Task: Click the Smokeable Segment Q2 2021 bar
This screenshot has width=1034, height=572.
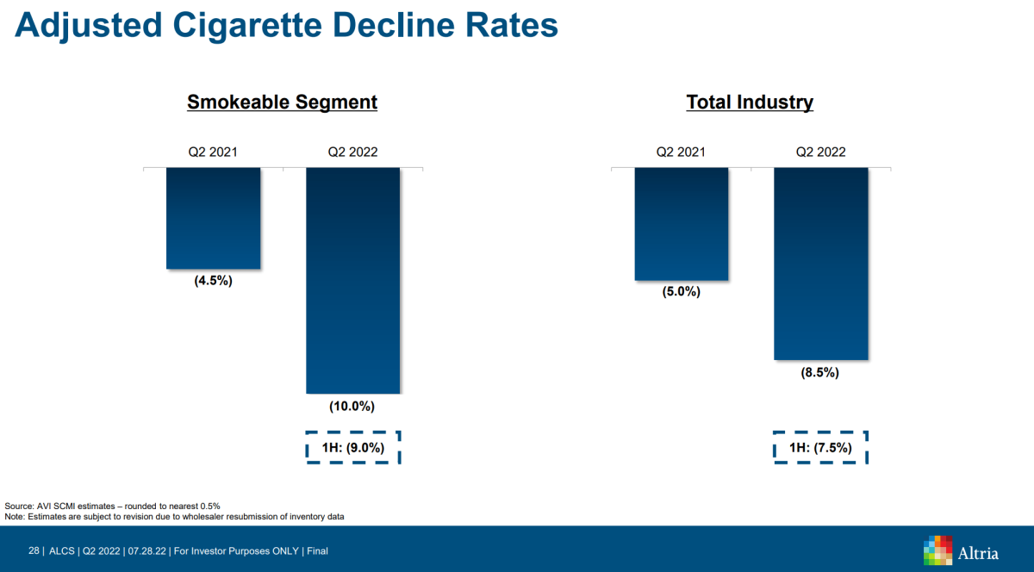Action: click(214, 218)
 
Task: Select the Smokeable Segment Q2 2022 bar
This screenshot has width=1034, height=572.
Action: click(353, 281)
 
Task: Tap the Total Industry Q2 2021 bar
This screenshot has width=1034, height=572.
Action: click(682, 224)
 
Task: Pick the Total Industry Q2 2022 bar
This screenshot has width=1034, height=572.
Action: click(821, 264)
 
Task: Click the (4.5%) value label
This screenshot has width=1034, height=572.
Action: click(214, 281)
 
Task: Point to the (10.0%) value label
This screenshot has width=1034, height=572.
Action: click(352, 407)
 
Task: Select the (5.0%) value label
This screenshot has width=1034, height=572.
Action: click(682, 292)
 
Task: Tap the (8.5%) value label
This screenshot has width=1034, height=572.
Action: click(819, 372)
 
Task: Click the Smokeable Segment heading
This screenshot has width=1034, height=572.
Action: click(282, 102)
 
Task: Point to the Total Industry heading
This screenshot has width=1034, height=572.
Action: click(750, 102)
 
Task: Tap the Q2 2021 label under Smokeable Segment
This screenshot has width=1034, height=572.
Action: click(213, 152)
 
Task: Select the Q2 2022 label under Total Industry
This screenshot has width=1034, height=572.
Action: click(820, 152)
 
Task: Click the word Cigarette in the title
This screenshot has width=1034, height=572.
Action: click(247, 25)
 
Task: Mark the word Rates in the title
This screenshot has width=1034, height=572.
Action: click(512, 25)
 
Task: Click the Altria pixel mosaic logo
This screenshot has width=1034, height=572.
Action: click(937, 550)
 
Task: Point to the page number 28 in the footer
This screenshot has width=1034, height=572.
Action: click(34, 550)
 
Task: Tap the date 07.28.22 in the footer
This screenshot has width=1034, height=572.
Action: click(146, 550)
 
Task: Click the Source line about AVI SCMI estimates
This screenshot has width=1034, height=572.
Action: click(112, 506)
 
